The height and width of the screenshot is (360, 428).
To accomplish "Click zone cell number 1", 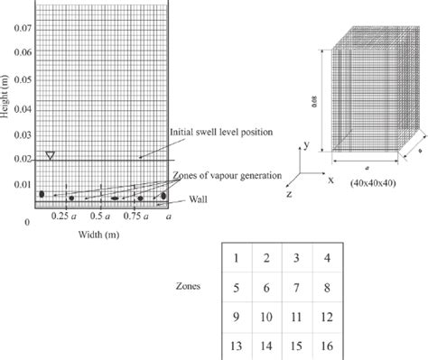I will point(237,260).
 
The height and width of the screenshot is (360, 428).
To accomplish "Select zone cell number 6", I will point(267,289).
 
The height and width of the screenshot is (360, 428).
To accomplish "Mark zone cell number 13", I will point(237,346).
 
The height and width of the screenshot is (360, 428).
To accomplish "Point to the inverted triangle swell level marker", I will point(51,155).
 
